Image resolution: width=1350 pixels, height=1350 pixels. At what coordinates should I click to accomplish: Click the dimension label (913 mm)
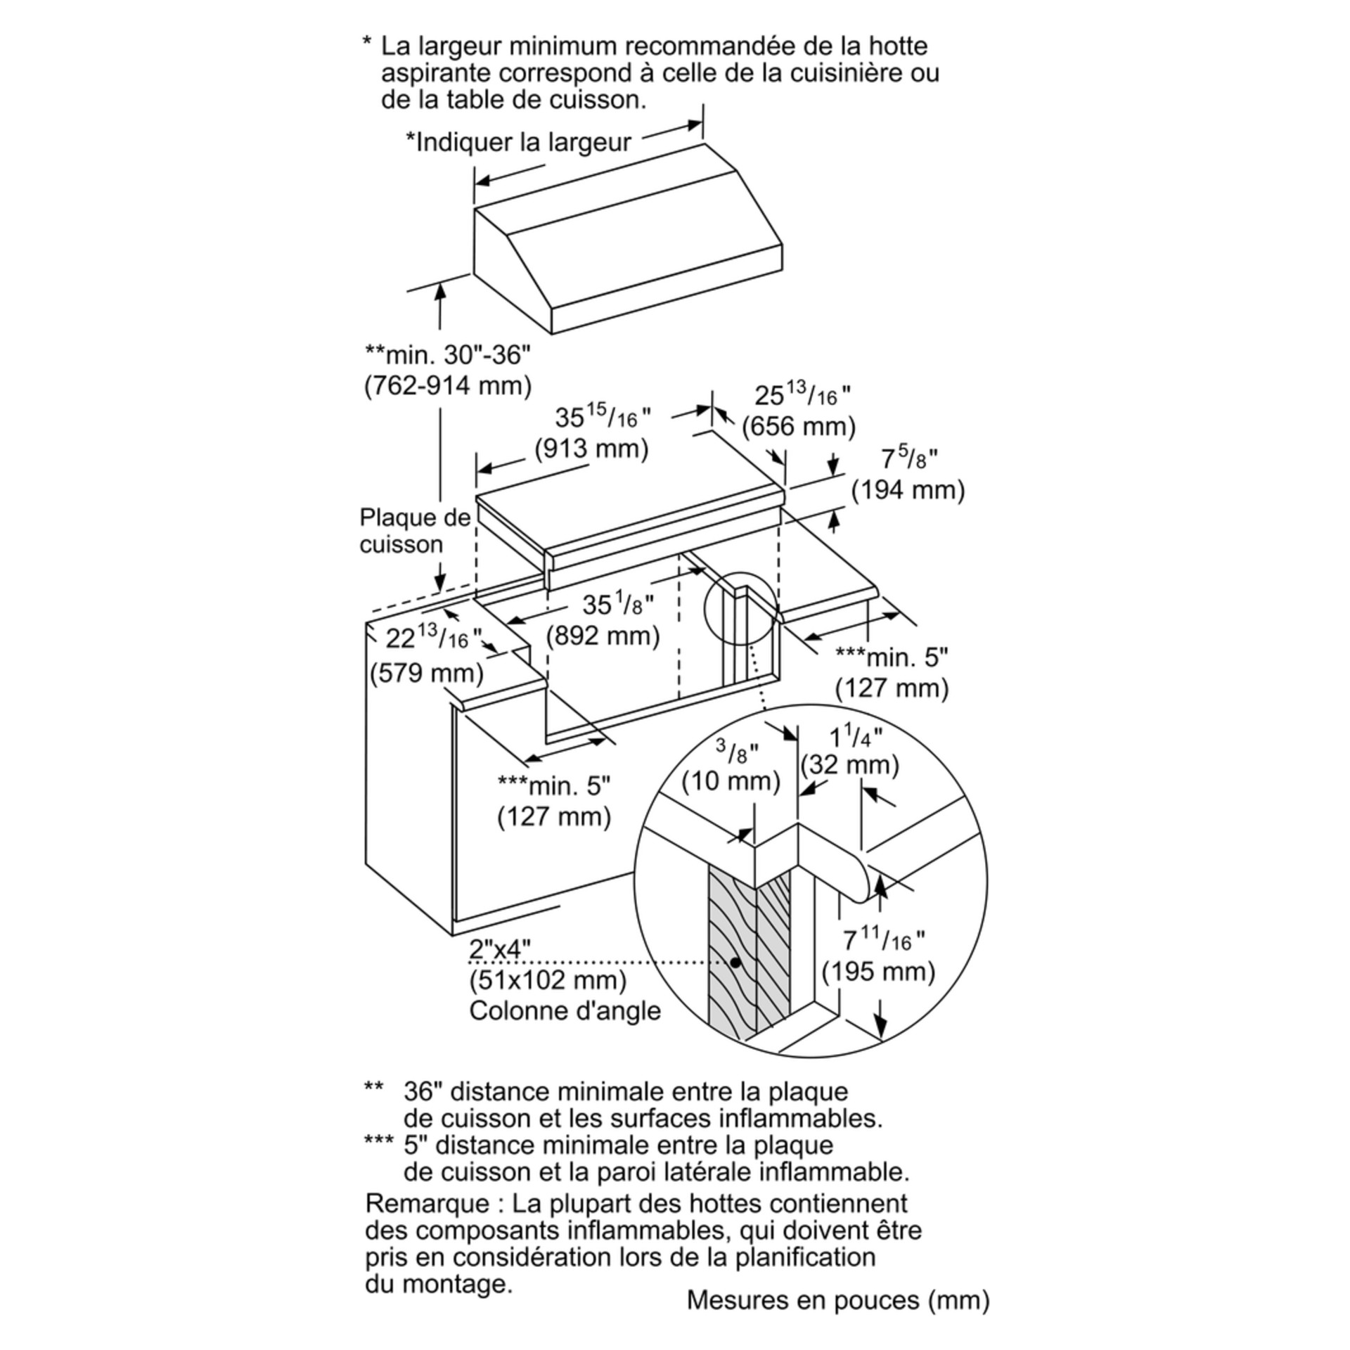[591, 448]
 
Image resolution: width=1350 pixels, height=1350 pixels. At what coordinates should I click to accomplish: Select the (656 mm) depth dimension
[799, 426]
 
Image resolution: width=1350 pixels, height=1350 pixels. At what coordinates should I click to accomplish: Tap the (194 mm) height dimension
[908, 490]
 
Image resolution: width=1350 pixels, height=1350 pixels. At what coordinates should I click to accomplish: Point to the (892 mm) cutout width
[603, 636]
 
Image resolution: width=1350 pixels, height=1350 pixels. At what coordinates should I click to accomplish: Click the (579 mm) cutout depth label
[427, 673]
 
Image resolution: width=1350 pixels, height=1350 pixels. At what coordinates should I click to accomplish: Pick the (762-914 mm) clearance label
[448, 385]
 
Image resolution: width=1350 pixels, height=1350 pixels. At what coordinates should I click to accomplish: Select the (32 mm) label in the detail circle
[850, 764]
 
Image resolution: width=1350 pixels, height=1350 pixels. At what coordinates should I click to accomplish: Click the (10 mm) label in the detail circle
[731, 781]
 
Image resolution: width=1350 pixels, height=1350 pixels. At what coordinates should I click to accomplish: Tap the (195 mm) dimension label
[879, 972]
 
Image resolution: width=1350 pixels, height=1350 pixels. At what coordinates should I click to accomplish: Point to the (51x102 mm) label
[548, 979]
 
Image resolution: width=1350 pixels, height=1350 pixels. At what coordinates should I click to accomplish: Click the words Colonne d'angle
[565, 1010]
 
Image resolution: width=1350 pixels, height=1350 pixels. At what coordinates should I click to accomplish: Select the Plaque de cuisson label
[414, 531]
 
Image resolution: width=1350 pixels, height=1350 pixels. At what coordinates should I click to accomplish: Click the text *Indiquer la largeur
[518, 142]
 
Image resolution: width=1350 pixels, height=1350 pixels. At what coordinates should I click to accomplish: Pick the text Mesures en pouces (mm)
[838, 1300]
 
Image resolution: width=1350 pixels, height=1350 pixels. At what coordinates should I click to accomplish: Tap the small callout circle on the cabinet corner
[740, 608]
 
